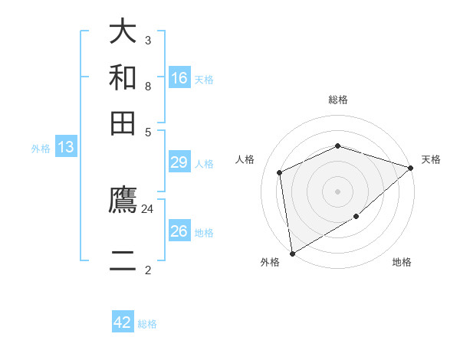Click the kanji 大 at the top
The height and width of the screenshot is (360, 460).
(123, 32)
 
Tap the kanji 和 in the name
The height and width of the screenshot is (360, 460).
(123, 77)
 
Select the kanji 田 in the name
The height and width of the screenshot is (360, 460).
(123, 123)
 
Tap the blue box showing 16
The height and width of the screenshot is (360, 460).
(179, 77)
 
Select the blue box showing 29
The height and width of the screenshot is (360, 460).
(179, 162)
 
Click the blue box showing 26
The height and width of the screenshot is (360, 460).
(179, 231)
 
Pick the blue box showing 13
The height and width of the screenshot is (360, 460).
(66, 148)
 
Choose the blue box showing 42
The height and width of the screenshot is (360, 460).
(123, 322)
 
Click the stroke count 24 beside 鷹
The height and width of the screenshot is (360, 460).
(148, 208)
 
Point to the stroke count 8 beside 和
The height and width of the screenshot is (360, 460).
(148, 86)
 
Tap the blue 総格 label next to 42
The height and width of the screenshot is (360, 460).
(147, 324)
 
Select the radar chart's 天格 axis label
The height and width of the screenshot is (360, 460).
(431, 159)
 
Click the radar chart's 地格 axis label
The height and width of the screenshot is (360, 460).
(402, 263)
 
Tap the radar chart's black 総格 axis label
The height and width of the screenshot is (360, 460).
(338, 100)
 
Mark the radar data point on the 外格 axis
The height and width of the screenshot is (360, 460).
(292, 253)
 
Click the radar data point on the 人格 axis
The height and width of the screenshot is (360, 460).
(280, 172)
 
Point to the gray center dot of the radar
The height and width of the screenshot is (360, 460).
(337, 191)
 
